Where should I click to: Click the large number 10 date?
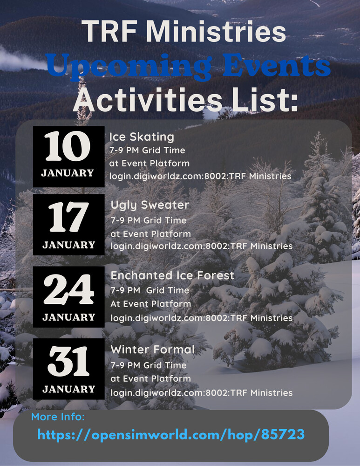coord(68,146)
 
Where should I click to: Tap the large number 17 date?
coord(68,217)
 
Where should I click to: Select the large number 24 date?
coord(68,289)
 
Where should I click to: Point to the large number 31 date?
coord(68,361)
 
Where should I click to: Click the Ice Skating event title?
coord(142,137)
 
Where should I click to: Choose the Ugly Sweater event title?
coord(149,206)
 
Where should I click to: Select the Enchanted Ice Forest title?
coord(172,275)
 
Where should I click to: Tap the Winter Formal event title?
coord(153,349)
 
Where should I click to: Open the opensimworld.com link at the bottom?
coord(171,434)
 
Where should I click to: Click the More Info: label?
coord(58,417)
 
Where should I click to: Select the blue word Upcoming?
coord(129,66)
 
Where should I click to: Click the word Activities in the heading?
coord(148,99)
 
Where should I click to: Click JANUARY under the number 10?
coord(68,173)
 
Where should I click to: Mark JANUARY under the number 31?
coord(68,389)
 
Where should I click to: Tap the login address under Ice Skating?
coord(200,176)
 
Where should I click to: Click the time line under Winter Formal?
coord(149,365)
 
